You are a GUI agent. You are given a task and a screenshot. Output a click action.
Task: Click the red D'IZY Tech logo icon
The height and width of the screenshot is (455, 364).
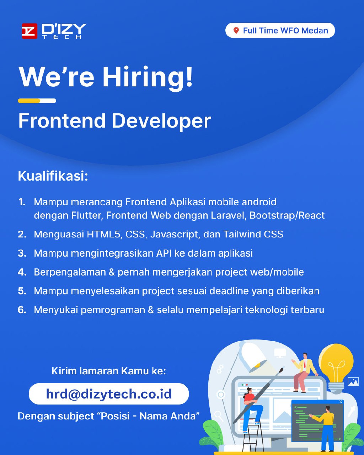pos(30,31)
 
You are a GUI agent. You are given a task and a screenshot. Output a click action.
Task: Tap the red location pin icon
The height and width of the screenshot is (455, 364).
pos(236,31)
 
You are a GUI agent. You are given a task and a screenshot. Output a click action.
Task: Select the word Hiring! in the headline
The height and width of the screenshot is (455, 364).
pos(148,77)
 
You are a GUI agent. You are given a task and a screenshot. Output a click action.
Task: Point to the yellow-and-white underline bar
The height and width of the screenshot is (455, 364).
pos(37,101)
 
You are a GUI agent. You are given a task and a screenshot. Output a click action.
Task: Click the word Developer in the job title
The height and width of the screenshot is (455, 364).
pos(161,121)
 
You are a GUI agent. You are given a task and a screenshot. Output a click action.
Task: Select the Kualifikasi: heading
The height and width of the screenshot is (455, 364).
pos(53,176)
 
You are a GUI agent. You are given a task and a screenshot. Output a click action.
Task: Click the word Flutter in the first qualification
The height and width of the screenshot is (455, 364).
pos(87,215)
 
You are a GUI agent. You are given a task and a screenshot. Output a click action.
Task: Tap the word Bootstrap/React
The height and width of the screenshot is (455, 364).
pos(287,216)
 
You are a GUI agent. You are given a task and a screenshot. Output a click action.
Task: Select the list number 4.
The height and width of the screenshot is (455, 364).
pos(22,272)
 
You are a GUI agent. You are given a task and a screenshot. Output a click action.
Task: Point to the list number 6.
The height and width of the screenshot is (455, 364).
pos(22,310)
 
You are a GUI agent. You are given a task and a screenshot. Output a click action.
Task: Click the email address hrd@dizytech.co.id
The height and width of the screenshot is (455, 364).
pos(109,394)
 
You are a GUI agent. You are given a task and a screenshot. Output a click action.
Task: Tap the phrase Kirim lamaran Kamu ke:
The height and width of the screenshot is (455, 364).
pos(109,371)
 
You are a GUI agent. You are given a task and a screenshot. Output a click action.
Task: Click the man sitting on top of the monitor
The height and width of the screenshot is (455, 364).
pos(305,373)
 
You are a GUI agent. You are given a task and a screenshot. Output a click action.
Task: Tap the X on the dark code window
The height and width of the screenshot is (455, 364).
pos(341,402)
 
